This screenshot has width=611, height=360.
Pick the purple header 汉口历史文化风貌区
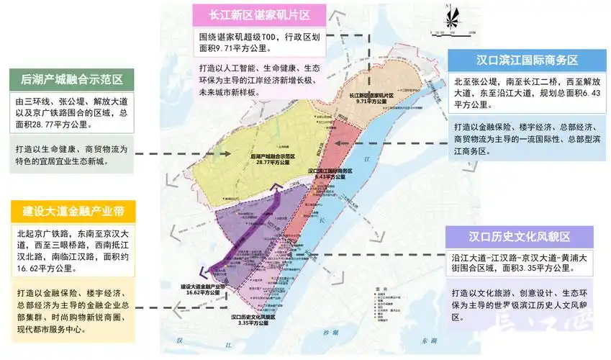[x=520, y=237]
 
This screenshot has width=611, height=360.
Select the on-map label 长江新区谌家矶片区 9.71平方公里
[x=371, y=99]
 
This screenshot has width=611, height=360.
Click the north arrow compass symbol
[x=452, y=18]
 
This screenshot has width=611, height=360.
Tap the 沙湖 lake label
[x=330, y=333]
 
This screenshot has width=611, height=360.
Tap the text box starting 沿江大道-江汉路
[x=520, y=263]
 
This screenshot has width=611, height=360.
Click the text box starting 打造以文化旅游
[x=520, y=305]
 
